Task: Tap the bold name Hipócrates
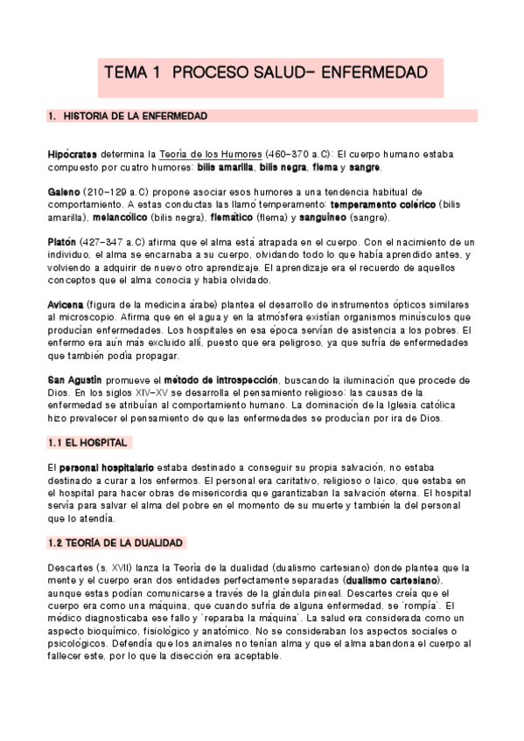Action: pyautogui.click(x=73, y=154)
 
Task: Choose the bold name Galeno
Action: pyautogui.click(x=66, y=192)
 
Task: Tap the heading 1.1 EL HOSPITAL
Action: pyautogui.click(x=88, y=444)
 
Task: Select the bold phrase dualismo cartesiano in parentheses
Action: pyautogui.click(x=393, y=580)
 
